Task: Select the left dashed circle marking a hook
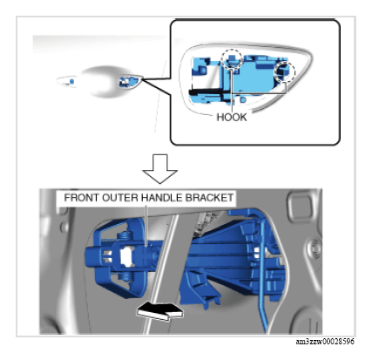(230, 59)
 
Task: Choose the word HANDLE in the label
(163, 199)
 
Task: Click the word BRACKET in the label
(209, 199)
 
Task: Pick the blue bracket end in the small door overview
(128, 82)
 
